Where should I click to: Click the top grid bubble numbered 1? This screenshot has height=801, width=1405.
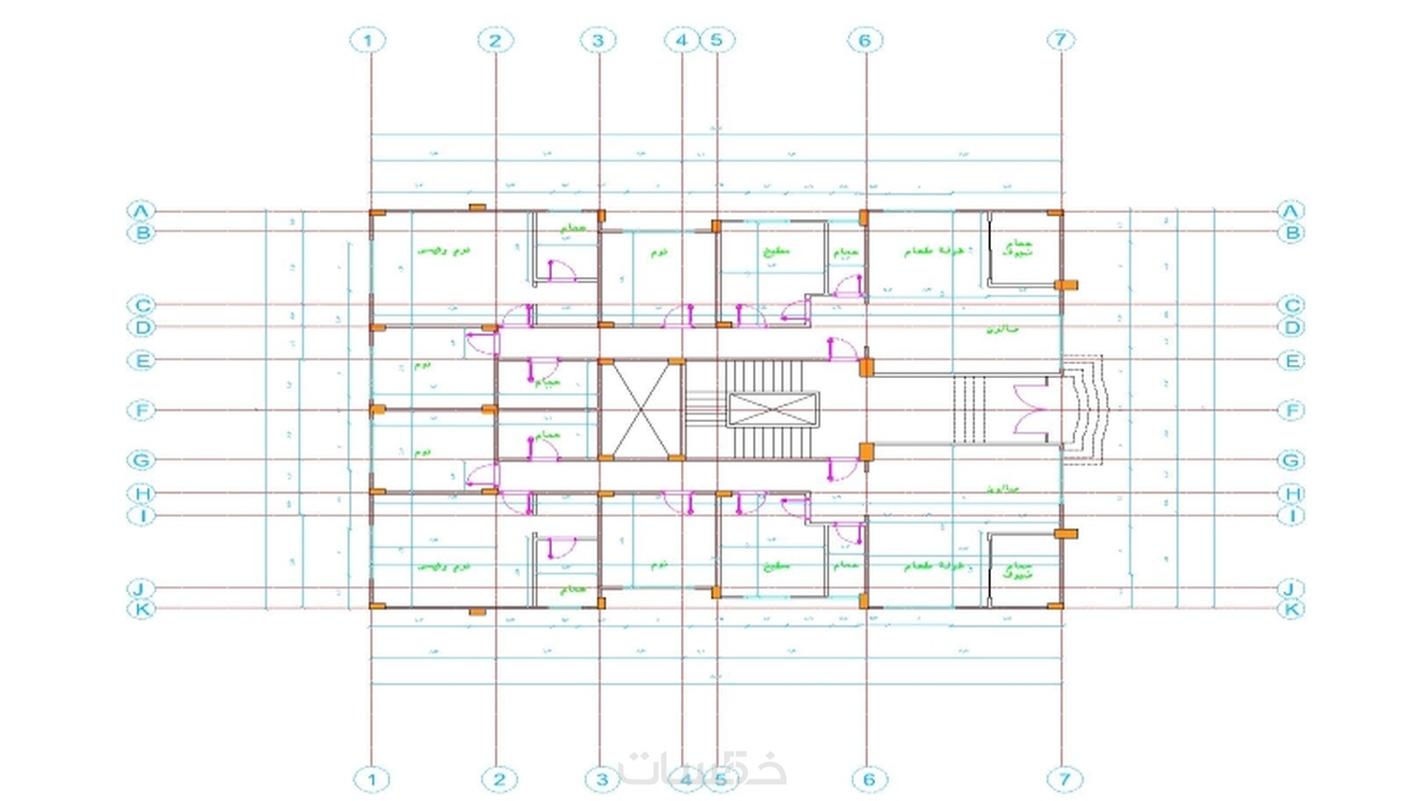[x=368, y=40]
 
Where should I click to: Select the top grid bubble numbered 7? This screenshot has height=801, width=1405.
[x=1060, y=40]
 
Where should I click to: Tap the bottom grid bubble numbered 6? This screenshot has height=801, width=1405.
[x=869, y=779]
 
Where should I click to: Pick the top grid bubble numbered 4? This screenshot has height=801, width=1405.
[x=681, y=40]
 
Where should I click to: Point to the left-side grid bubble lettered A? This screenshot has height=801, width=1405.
[x=141, y=211]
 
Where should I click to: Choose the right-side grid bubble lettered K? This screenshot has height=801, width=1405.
[x=1290, y=609]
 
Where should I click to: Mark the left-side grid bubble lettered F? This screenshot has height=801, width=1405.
[x=141, y=410]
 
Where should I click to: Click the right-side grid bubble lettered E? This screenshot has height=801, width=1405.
[x=1290, y=360]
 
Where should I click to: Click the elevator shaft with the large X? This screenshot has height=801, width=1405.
[x=641, y=410]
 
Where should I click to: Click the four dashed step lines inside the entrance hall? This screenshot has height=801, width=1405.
[x=970, y=410]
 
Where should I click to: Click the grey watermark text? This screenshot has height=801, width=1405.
[x=702, y=768]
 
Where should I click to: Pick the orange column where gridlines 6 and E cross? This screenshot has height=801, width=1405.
[x=866, y=367]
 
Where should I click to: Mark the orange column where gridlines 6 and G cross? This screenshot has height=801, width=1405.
[x=866, y=452]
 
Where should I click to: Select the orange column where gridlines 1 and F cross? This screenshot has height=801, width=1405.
[x=377, y=409]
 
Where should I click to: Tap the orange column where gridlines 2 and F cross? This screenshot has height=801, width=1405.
[x=489, y=409]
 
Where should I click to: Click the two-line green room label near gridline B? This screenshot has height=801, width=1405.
[x=1017, y=248]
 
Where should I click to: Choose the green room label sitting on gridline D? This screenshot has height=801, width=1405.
[x=1002, y=329]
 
